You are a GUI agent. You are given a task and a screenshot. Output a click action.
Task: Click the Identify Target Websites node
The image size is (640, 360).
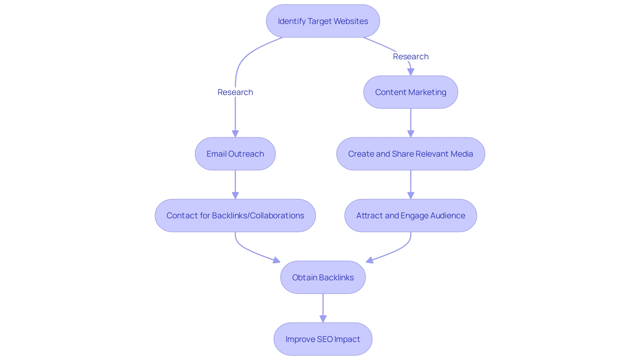[323, 21]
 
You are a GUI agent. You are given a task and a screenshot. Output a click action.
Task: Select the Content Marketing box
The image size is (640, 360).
[410, 92]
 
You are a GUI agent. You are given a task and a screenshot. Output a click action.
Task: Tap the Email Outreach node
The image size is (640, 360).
[235, 154]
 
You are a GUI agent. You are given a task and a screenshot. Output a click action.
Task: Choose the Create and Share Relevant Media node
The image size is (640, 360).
[410, 154]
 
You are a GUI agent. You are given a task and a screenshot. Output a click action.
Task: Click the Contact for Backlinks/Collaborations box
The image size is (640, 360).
[235, 215]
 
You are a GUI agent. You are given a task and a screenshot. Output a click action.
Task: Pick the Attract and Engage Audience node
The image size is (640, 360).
[410, 215]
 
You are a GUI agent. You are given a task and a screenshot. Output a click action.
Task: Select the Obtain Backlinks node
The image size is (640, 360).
[323, 277]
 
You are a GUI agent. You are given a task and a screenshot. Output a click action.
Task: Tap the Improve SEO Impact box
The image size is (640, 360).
[323, 339]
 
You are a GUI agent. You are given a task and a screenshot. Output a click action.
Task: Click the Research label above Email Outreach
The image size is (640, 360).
[235, 92]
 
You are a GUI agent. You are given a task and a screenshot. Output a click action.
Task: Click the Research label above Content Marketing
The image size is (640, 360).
[410, 56]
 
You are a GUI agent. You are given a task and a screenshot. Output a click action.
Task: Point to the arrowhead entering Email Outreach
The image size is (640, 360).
[235, 134]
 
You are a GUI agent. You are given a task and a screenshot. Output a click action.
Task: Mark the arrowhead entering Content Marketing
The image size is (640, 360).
[411, 72]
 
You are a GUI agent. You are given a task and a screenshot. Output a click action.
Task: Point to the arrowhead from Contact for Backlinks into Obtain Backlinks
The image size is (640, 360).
[276, 260]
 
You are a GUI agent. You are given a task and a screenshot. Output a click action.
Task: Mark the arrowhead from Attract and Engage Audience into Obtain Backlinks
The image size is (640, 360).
[370, 260]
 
